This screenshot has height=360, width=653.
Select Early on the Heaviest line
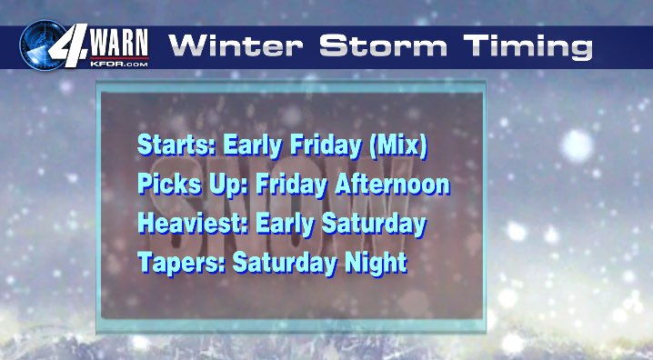coord(265,224)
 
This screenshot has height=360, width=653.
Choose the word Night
coord(374,264)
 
